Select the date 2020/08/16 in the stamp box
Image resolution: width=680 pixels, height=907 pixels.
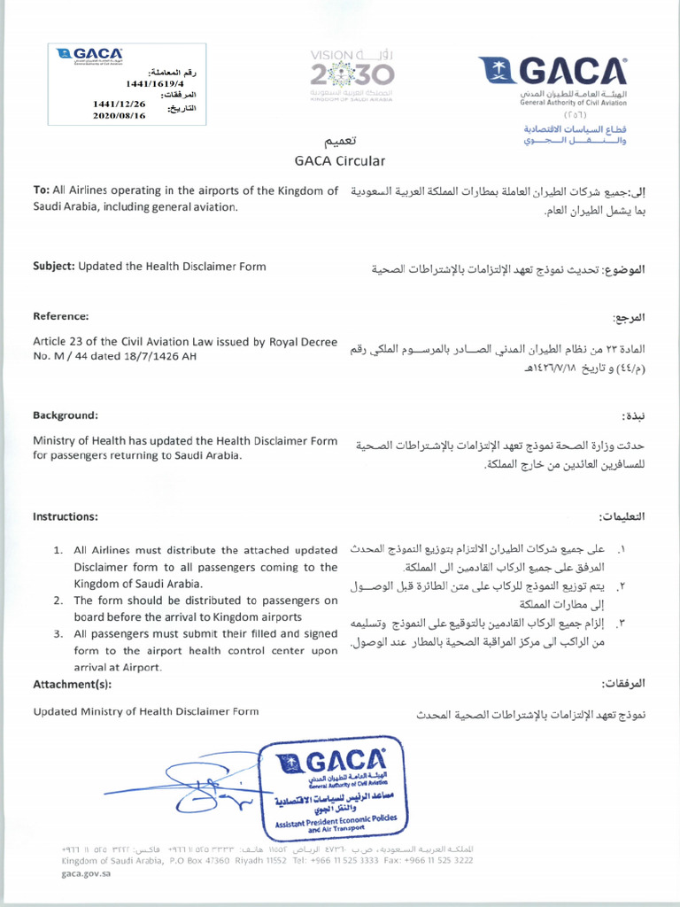tap(113, 115)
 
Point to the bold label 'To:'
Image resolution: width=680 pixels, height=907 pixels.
tap(41, 190)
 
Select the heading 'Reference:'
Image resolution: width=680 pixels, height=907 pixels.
tap(60, 316)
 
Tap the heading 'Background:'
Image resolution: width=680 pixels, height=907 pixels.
tap(65, 415)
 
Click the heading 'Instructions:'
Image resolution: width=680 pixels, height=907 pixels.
tap(65, 516)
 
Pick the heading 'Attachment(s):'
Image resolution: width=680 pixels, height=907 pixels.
tap(72, 684)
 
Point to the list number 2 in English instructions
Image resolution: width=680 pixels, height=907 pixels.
tap(57, 601)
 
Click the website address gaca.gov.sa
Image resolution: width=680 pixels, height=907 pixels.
tap(86, 872)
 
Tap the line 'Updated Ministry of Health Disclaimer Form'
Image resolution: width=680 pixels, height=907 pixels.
tap(146, 710)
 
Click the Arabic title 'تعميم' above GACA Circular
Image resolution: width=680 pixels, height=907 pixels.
tap(340, 141)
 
